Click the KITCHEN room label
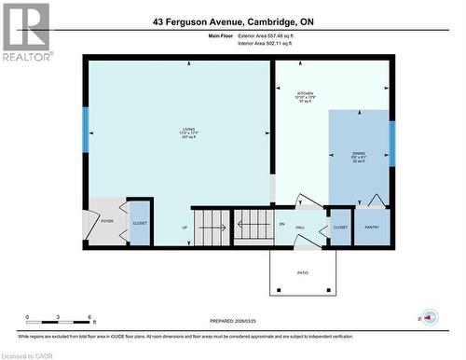coord(305,93)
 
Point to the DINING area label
coord(359,154)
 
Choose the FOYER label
coord(107,222)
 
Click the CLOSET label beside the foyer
coord(139,223)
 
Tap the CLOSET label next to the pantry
coord(340,227)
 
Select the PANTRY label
coord(372,227)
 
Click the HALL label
coord(301,227)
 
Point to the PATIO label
coord(303,272)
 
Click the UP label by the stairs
coord(185,227)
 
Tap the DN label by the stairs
coord(281,225)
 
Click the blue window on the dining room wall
coord(391,144)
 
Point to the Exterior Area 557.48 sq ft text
coord(270,35)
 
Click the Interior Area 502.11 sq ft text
coord(270,43)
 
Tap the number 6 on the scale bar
coord(89,318)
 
